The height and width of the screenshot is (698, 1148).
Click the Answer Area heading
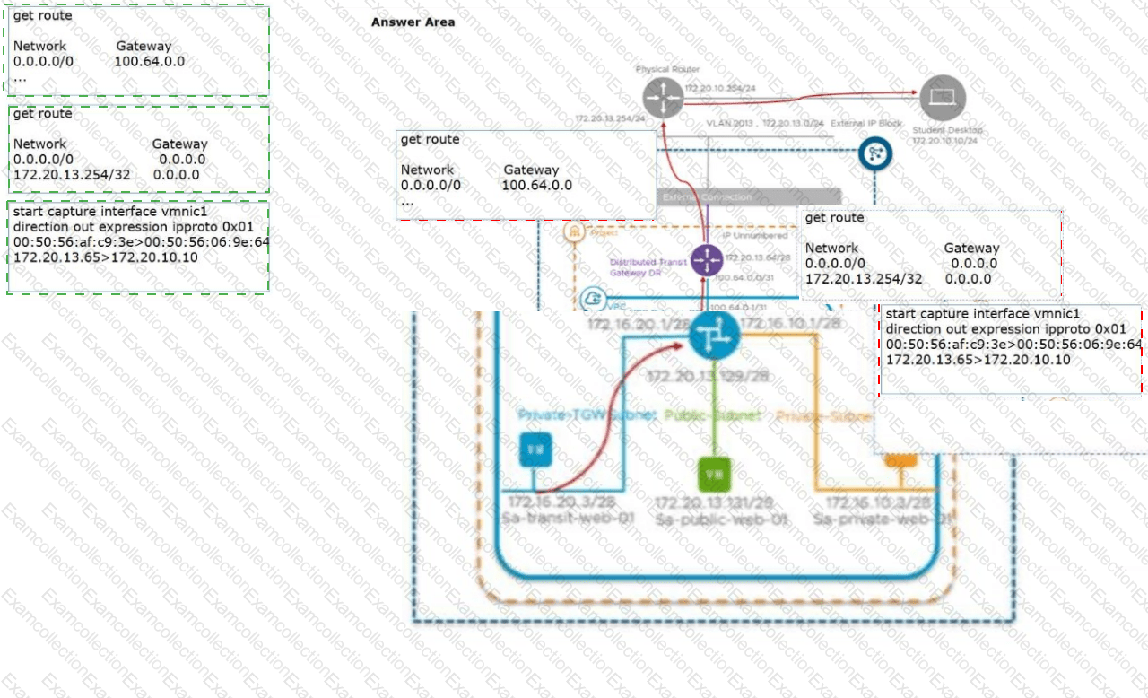click(413, 22)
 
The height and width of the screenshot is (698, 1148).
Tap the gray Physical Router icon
click(663, 97)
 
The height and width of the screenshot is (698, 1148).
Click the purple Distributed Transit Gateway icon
click(707, 260)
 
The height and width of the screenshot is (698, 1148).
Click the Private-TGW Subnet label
click(587, 415)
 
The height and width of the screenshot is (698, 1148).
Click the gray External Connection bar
click(750, 196)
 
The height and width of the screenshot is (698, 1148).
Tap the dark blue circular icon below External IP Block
click(875, 154)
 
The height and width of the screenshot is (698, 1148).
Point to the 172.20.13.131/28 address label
click(714, 502)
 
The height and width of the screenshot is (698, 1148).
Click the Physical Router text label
click(667, 69)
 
